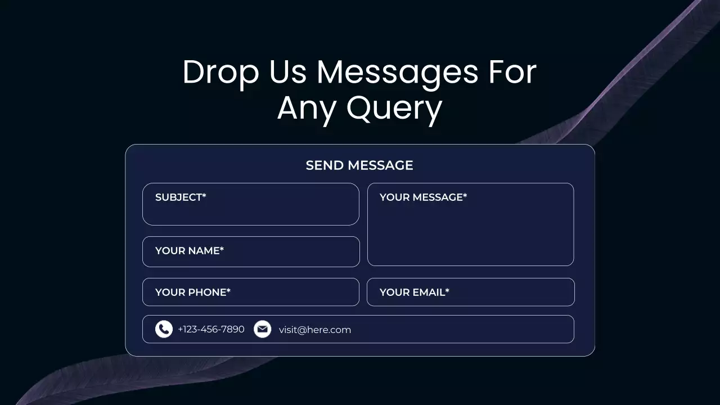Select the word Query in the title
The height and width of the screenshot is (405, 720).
click(394, 108)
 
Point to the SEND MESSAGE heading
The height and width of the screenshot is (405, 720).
click(359, 165)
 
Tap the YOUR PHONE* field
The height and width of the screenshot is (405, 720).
click(251, 292)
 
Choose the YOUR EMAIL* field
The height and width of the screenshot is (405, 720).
click(470, 292)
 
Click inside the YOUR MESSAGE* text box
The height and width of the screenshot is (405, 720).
click(470, 231)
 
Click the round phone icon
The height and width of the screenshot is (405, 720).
click(164, 329)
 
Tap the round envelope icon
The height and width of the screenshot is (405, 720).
click(262, 329)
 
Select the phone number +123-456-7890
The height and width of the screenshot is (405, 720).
click(211, 330)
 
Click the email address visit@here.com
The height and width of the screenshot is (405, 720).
click(315, 330)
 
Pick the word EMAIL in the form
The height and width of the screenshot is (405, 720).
click(428, 292)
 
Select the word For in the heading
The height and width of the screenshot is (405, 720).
click(512, 73)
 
